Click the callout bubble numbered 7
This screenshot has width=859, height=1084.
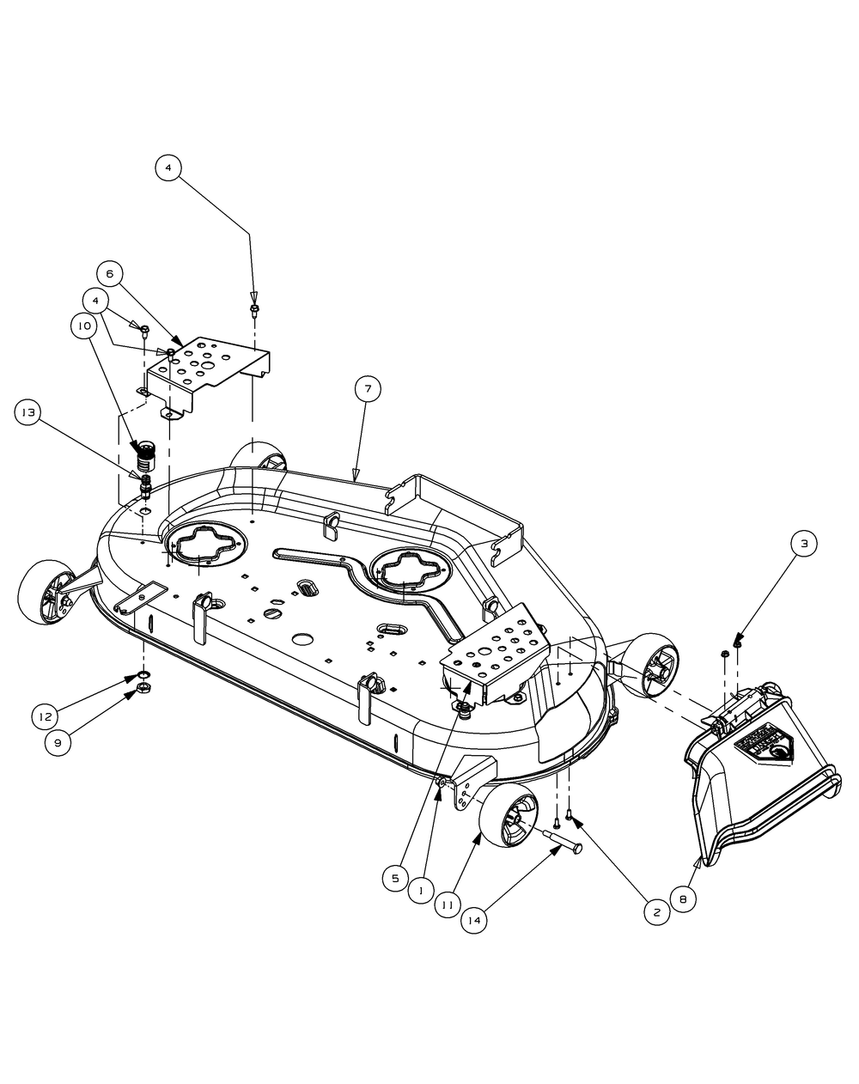[x=367, y=389]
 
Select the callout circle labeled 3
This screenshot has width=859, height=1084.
[x=804, y=543]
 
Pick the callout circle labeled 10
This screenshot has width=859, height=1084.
[x=84, y=326]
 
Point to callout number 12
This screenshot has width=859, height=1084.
[x=46, y=715]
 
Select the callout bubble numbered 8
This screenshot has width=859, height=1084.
[x=683, y=899]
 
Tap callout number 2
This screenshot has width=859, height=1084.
[x=656, y=913]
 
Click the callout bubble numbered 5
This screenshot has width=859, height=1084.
[x=395, y=878]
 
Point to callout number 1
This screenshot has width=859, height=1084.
[x=420, y=892]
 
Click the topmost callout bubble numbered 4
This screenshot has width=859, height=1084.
[x=168, y=168]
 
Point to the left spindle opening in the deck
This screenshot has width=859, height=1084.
[x=204, y=548]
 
